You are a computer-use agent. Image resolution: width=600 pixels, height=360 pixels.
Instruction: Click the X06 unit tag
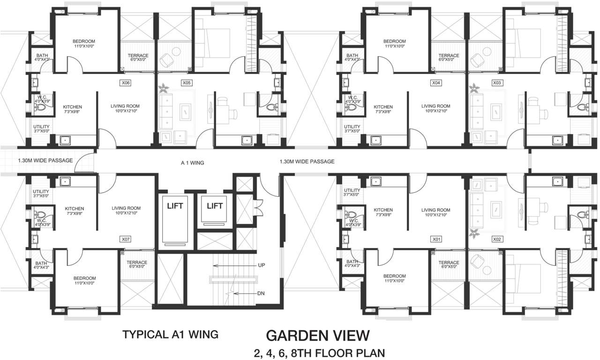click(x=125, y=83)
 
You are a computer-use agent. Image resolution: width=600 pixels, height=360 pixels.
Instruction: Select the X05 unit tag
click(x=187, y=83)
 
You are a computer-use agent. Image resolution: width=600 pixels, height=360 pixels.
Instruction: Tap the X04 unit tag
click(x=436, y=83)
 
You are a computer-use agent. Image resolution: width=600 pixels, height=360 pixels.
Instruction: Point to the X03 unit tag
click(x=497, y=83)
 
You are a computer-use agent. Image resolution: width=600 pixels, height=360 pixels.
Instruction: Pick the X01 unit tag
click(x=436, y=239)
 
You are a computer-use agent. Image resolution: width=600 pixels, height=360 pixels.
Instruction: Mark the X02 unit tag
click(x=497, y=239)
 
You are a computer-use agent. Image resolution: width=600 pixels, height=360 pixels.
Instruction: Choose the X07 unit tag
click(x=126, y=239)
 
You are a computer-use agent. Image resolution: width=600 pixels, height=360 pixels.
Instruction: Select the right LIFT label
click(x=215, y=206)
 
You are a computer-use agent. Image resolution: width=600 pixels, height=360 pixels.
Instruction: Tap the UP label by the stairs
click(x=262, y=265)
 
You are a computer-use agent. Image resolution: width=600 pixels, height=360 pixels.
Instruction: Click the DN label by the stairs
click(x=262, y=294)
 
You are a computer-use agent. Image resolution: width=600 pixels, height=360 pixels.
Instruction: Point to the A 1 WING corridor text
click(x=193, y=163)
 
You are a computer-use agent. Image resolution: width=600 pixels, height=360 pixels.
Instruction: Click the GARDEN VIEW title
click(x=318, y=336)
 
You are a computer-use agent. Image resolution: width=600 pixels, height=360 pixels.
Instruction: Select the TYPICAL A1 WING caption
click(x=170, y=335)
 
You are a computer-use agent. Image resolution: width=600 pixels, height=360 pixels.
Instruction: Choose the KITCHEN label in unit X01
click(x=383, y=210)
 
